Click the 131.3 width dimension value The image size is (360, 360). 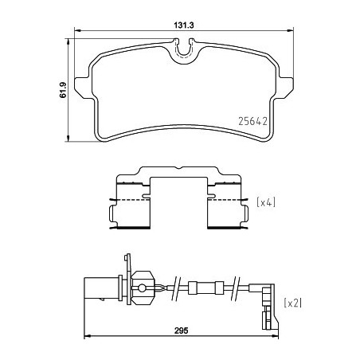tap(185, 25)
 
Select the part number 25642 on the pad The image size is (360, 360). tap(254, 123)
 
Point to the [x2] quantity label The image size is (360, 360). tap(292, 302)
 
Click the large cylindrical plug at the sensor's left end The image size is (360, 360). tap(100, 287)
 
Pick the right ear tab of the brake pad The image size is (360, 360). tap(285, 87)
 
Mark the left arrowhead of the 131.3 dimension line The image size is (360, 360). tap(76, 33)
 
